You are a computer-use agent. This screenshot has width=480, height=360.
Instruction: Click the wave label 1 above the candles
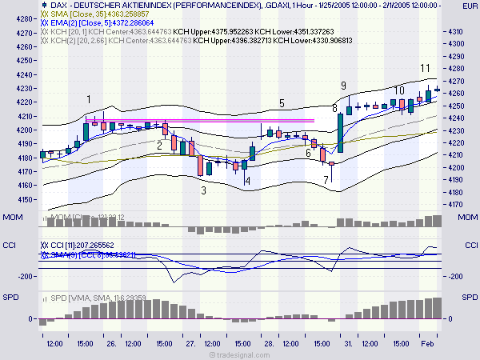click(x=88, y=98)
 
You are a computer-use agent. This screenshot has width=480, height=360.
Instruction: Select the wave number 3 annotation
click(x=204, y=190)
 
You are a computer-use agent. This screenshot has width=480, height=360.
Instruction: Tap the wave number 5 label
click(x=282, y=103)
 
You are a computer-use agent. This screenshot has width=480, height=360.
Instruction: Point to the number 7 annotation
click(x=326, y=180)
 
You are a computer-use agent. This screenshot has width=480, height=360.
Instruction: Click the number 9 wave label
click(x=343, y=86)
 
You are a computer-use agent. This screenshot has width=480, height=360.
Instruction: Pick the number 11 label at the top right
click(x=426, y=69)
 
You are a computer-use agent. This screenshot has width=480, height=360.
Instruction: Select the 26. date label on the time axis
click(x=112, y=343)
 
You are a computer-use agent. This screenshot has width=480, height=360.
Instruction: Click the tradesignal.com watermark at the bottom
click(x=240, y=353)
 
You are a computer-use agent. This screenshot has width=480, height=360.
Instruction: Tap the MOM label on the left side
click(x=13, y=218)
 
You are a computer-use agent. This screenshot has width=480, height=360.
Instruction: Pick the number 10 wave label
click(x=399, y=90)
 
